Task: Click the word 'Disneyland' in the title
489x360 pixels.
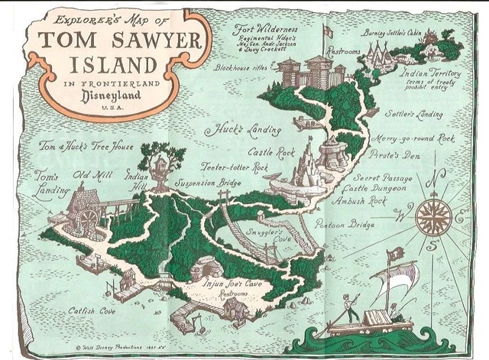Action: point(97,97)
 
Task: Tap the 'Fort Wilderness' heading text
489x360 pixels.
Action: point(266,30)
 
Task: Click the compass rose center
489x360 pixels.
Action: point(432,215)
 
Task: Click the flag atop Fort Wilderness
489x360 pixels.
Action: point(327,31)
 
